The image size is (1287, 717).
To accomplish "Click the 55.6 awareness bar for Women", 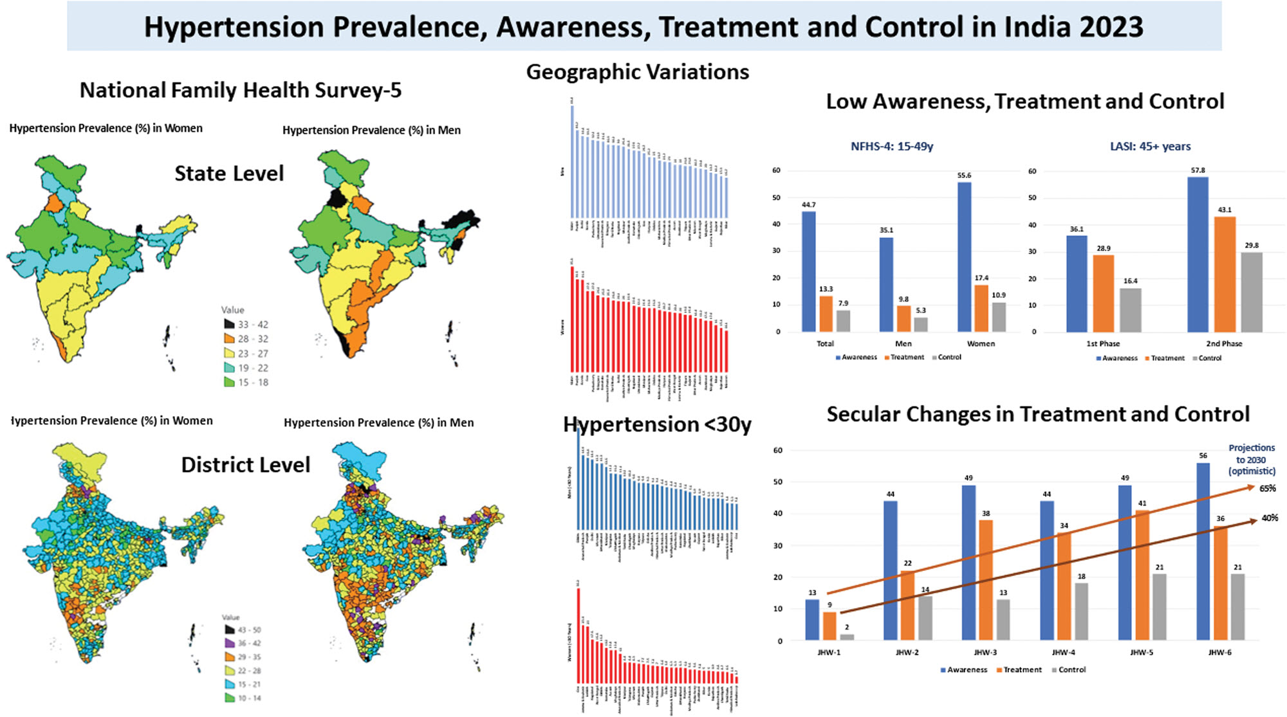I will (964, 257).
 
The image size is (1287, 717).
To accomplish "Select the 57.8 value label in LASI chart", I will (1198, 170).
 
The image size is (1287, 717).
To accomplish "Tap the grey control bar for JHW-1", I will (847, 637).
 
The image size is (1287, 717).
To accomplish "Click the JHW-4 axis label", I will (1063, 652).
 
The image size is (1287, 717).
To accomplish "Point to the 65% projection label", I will (1267, 489).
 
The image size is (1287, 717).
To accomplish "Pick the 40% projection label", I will (1270, 518).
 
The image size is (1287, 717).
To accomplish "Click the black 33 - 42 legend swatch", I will (229, 324).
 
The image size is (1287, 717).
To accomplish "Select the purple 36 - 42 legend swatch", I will (229, 643).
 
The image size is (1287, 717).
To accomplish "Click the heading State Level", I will (229, 174).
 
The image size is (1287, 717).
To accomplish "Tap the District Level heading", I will (245, 465).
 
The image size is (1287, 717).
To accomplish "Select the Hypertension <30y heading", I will (657, 424).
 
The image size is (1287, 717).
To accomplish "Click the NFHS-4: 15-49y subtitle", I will (891, 147).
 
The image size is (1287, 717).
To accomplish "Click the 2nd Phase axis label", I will (1223, 343).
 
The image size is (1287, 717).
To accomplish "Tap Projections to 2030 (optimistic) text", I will (1251, 459).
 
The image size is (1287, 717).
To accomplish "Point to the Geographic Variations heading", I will (637, 72).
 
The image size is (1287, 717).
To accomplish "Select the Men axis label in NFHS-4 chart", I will (903, 343).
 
